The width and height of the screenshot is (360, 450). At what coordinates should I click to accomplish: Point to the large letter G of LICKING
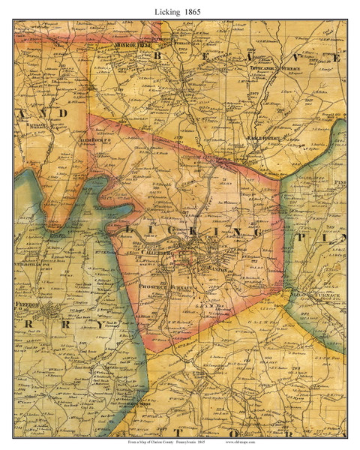point(258,233)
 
